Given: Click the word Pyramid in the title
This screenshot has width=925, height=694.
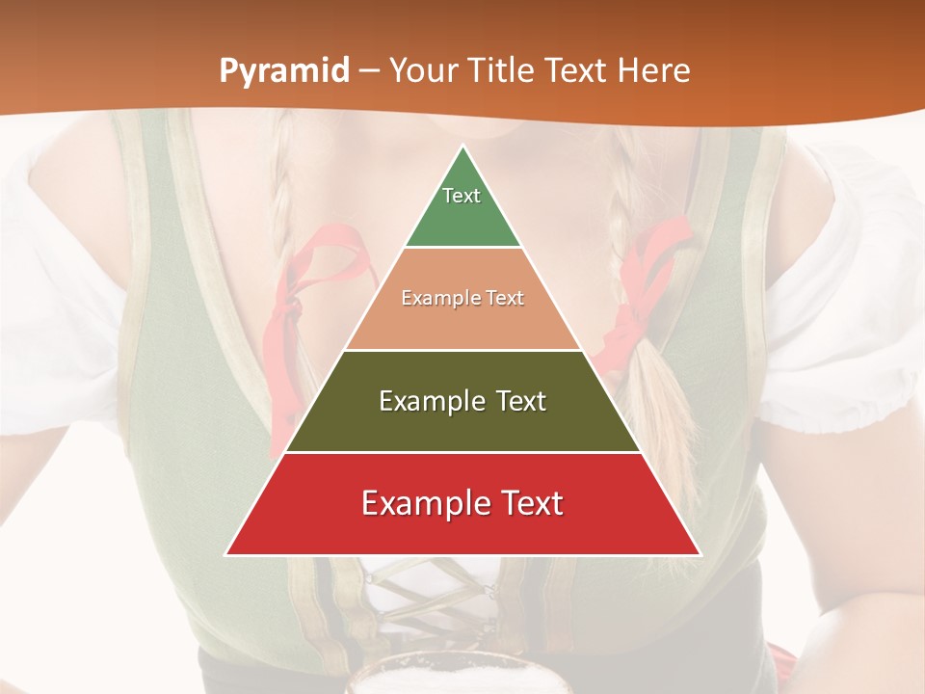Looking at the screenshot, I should (x=284, y=71).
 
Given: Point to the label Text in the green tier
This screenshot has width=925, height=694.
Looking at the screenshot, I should (x=462, y=196).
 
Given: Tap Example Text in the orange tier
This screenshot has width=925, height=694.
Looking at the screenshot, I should (x=462, y=298).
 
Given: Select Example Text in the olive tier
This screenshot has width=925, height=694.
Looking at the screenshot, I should (x=462, y=401).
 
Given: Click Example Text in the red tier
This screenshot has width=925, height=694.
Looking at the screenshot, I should (x=462, y=503).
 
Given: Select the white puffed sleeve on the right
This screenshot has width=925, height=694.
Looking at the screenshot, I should (x=838, y=318).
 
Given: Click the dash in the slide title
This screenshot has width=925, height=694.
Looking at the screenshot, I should (x=368, y=71).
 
